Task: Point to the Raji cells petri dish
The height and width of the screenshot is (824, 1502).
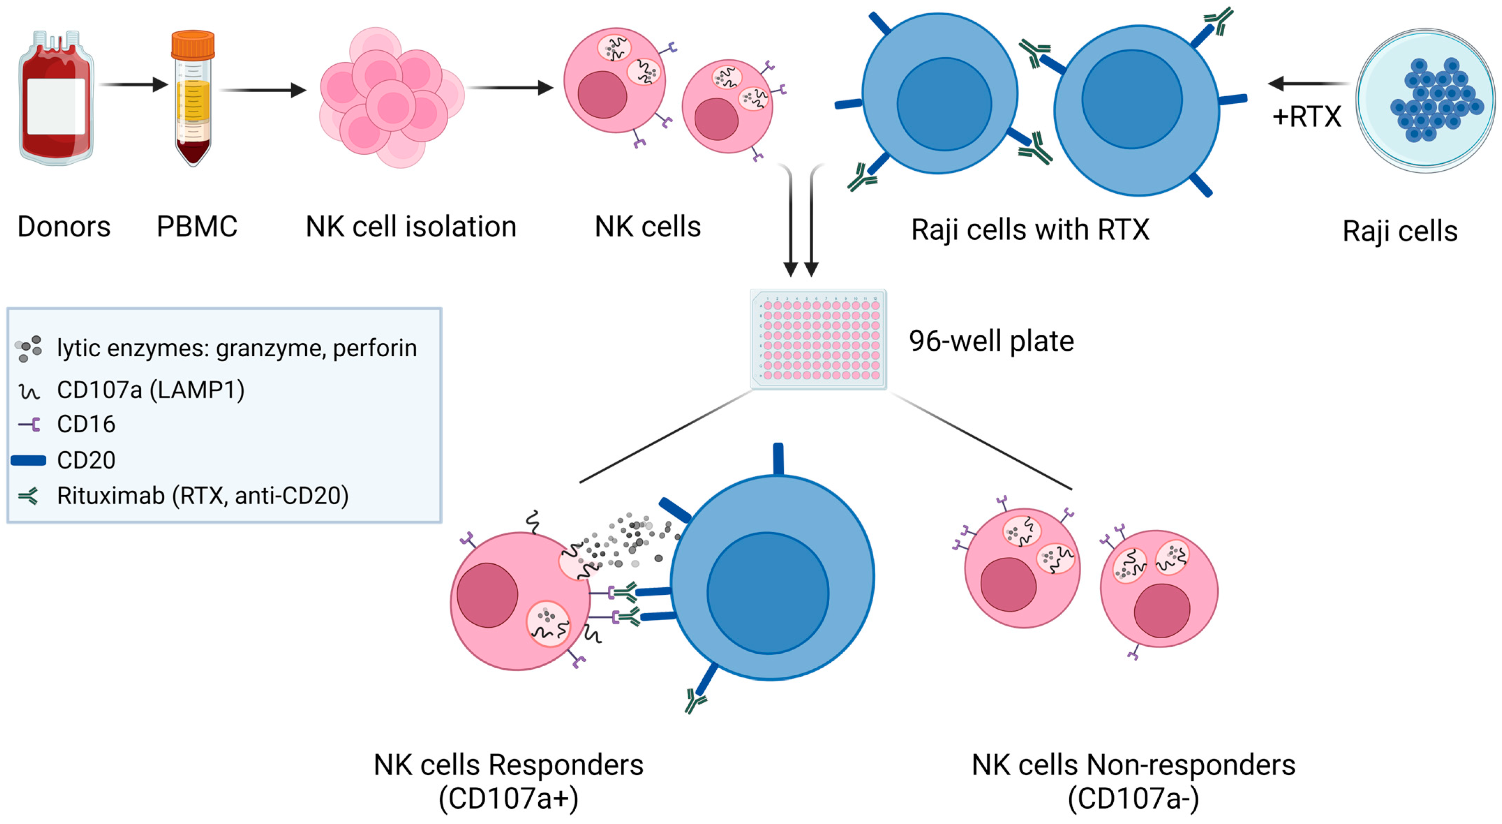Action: point(1426,100)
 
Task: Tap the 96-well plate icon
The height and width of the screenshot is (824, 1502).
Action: point(818,339)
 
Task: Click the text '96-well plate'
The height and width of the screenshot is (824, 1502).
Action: point(991,341)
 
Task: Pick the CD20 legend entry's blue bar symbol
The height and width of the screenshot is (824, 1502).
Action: point(28,460)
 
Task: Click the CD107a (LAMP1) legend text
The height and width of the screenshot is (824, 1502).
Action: point(150,389)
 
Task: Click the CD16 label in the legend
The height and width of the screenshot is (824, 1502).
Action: point(86,424)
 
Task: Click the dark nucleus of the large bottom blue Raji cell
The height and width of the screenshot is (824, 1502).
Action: point(768,593)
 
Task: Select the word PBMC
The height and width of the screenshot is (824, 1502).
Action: point(197,226)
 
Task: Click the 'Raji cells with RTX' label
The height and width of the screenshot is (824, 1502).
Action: point(1030,230)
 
